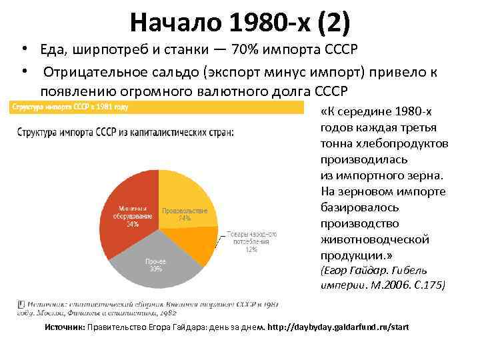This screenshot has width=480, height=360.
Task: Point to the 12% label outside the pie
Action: click(251, 249)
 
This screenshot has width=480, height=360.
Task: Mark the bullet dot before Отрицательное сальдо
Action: click(23, 71)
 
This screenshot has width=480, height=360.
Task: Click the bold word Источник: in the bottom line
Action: click(65, 327)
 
